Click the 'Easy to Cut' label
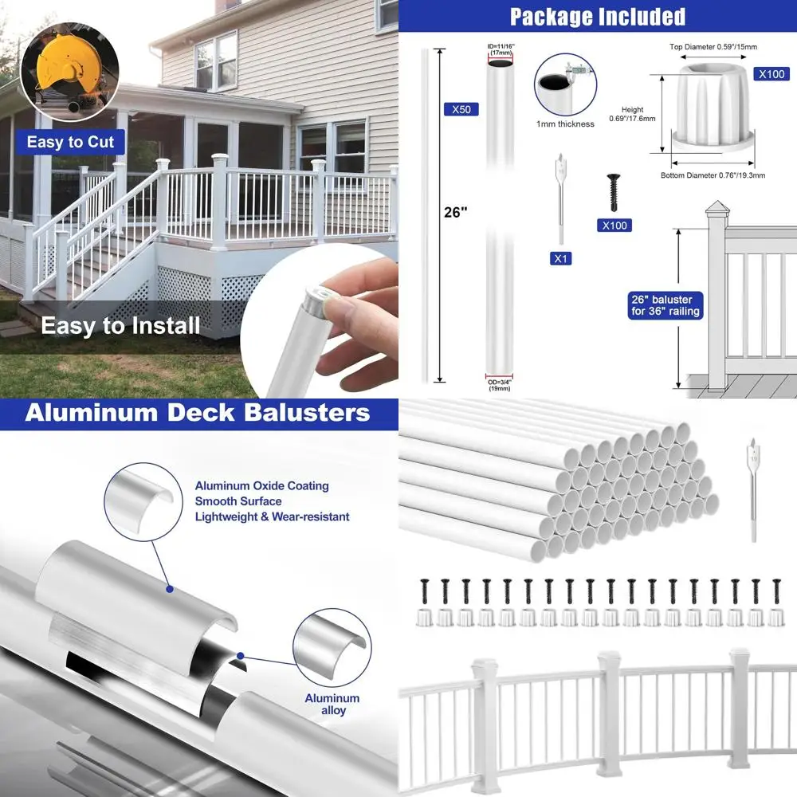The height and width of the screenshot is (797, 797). point(70,143)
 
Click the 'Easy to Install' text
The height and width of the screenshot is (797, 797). point(120,325)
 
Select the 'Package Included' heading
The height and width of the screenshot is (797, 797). point(597,16)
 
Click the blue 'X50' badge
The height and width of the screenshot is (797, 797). point(461,109)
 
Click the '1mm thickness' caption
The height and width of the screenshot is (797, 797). point(565,124)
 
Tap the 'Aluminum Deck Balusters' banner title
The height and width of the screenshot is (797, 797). point(198,412)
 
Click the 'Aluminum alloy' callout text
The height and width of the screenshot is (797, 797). point(332,704)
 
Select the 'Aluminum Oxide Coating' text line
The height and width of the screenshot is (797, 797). point(261,485)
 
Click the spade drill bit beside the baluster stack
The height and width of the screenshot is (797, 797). point(752,486)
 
